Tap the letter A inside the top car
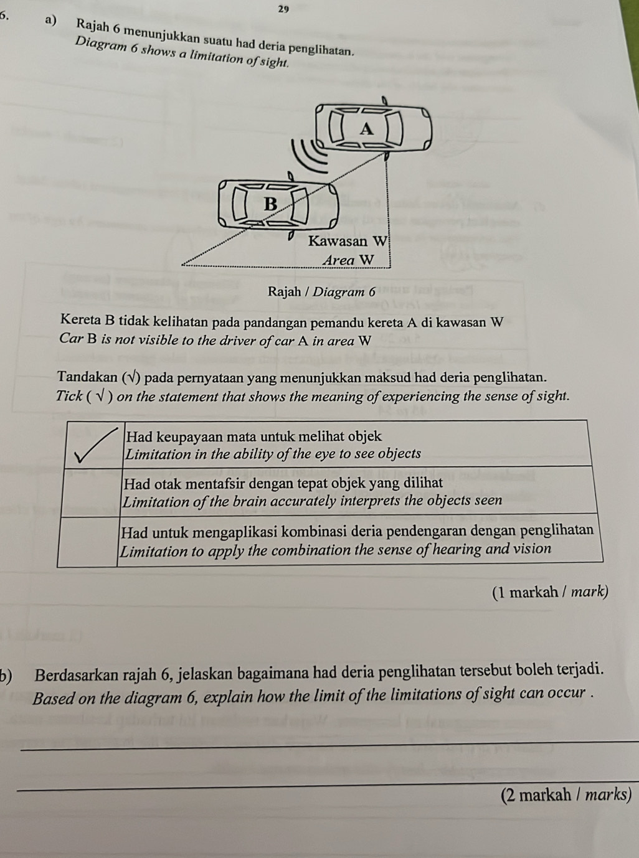click(x=367, y=129)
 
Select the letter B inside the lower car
click(x=270, y=203)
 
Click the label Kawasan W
click(x=348, y=241)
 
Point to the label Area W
click(x=349, y=260)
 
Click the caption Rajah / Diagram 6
click(x=322, y=291)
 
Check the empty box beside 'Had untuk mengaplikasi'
click(x=87, y=540)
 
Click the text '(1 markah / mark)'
click(x=549, y=592)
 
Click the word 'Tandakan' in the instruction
click(x=86, y=377)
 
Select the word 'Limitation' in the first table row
click(x=154, y=455)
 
